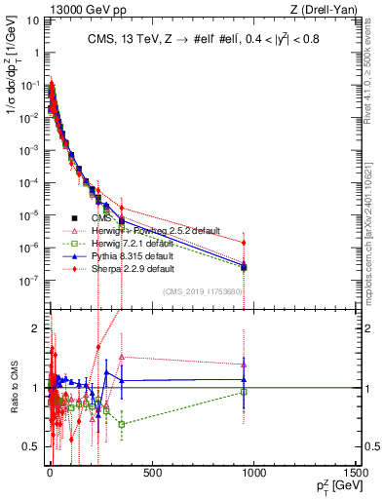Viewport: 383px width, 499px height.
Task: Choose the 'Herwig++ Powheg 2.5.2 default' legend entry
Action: coord(156,230)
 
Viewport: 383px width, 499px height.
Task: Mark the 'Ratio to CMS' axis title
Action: coord(13,388)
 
